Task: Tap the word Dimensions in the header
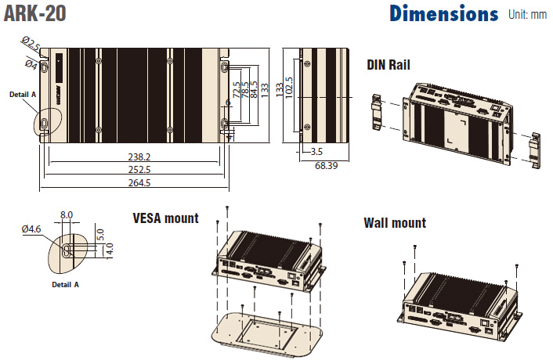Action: [443, 14]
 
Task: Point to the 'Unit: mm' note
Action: [528, 14]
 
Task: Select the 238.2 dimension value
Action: [137, 157]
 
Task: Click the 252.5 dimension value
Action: [137, 169]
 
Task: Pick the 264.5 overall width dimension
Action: [137, 182]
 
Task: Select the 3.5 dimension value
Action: [316, 151]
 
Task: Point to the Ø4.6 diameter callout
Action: [31, 229]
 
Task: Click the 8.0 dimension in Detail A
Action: [67, 214]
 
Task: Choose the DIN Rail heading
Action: [389, 65]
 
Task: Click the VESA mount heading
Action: [165, 218]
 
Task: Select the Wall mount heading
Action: [395, 223]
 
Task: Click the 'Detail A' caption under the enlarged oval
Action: [65, 285]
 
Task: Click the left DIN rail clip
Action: [378, 113]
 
